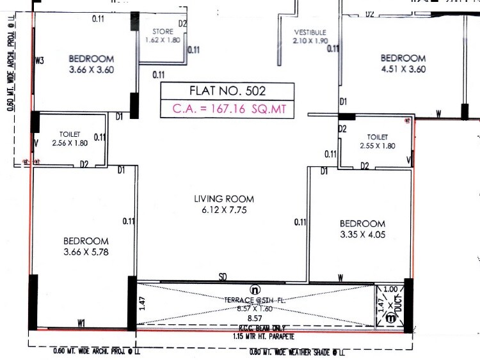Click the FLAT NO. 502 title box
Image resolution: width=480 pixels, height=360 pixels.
(227, 90)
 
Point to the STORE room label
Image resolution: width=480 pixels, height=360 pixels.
(163, 31)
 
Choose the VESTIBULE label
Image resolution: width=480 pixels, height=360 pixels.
(310, 32)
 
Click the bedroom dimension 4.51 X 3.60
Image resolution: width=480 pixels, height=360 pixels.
(403, 68)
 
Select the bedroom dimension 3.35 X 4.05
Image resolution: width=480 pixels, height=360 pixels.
(362, 234)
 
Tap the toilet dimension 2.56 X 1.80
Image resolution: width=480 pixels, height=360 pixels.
(70, 143)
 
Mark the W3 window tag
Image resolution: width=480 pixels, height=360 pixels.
(40, 61)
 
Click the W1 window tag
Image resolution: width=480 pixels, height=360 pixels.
(81, 322)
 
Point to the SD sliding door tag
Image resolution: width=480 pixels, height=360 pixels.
(223, 277)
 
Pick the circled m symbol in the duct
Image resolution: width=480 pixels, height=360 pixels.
(390, 318)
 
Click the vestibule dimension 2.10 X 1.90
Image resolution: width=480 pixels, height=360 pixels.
(310, 41)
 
